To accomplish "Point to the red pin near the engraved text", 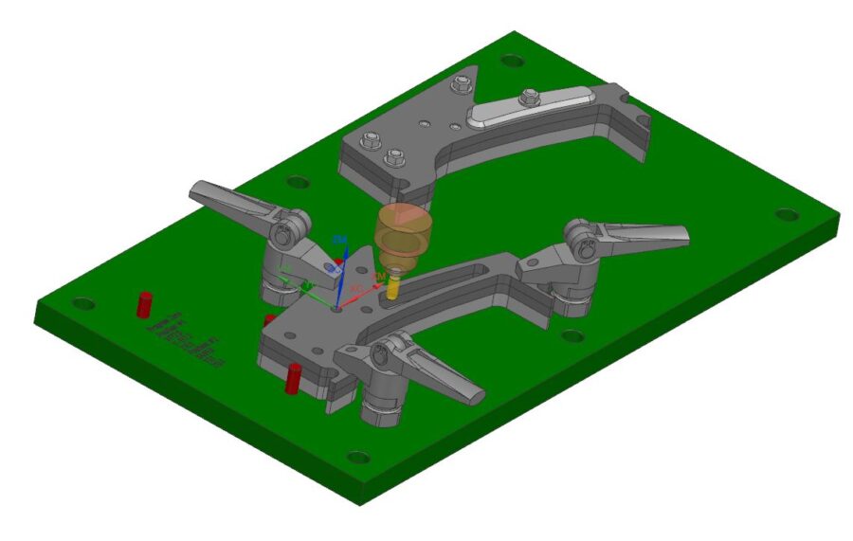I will [144, 304].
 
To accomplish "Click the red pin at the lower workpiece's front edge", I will [293, 377].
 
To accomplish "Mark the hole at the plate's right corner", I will [783, 215].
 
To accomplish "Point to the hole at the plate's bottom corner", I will [358, 458].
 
